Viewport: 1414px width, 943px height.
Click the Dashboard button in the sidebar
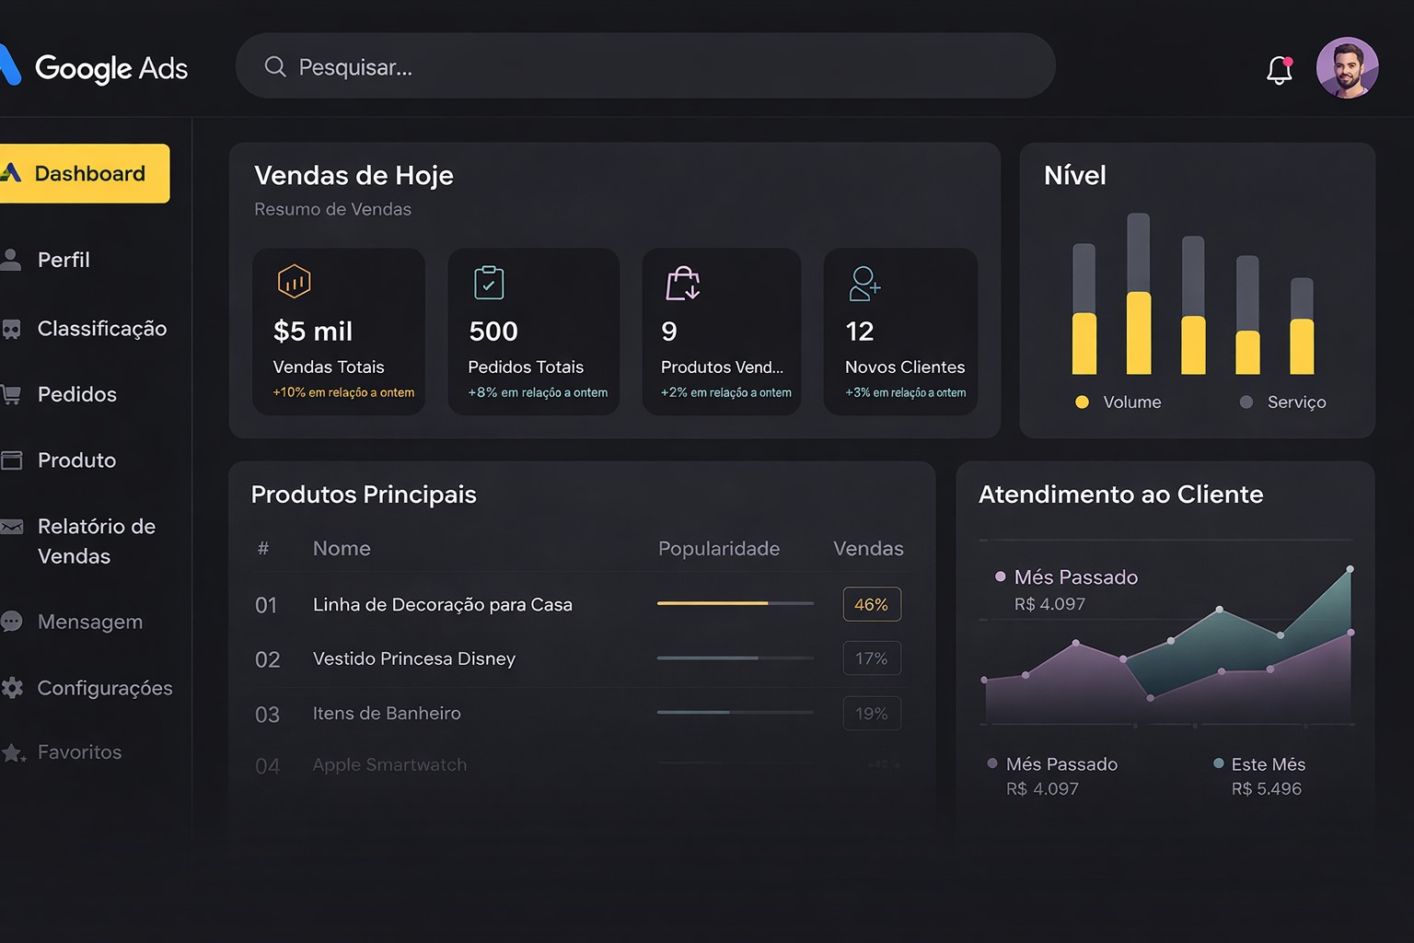click(x=85, y=173)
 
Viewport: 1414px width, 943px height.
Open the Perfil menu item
click(x=64, y=260)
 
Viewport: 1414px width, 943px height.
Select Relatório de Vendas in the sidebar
click(x=96, y=541)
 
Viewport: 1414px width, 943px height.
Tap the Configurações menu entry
click(x=104, y=688)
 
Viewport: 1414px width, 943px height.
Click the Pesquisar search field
click(x=644, y=66)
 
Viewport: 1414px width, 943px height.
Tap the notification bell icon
click(x=1279, y=70)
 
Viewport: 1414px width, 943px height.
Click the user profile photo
click(x=1347, y=68)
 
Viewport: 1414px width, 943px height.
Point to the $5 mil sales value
click(x=313, y=332)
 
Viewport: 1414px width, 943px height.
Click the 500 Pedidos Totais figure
click(x=493, y=332)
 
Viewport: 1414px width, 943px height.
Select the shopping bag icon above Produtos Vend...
click(x=683, y=284)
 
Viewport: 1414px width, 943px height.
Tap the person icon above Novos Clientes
click(x=864, y=284)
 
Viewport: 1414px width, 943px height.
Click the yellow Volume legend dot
click(x=1083, y=402)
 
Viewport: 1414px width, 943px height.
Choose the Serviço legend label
click(x=1296, y=402)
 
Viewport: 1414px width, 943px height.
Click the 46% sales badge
click(x=871, y=605)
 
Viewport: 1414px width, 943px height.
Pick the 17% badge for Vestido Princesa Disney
click(x=871, y=658)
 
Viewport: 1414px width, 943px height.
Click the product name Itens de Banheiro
click(x=387, y=714)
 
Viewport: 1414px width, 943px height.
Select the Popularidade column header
click(x=719, y=549)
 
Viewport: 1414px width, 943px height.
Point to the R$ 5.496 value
click(x=1267, y=789)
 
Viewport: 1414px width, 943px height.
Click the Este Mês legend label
click(x=1268, y=764)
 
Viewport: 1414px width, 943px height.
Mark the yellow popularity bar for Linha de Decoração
click(x=713, y=603)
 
